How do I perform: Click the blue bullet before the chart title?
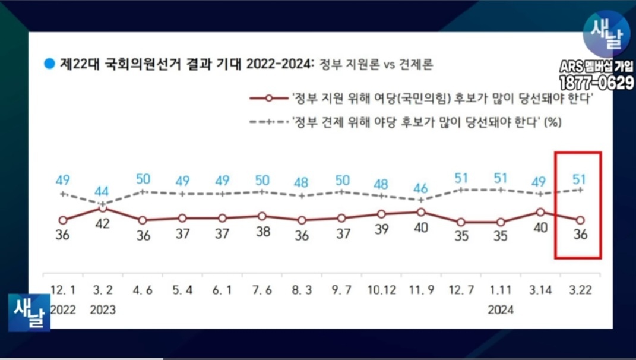point(50,62)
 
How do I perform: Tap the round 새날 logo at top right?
point(606,34)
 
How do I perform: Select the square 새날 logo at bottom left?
point(29,312)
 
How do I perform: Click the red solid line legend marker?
point(269,99)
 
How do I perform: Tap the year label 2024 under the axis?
point(501,310)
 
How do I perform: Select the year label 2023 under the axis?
point(103,310)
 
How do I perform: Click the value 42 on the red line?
point(103,225)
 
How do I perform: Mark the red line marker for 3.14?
point(540,211)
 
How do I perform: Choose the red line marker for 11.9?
point(421,211)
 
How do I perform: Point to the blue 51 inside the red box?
point(580,178)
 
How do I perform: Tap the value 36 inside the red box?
point(580,235)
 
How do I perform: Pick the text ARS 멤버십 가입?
point(596,66)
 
